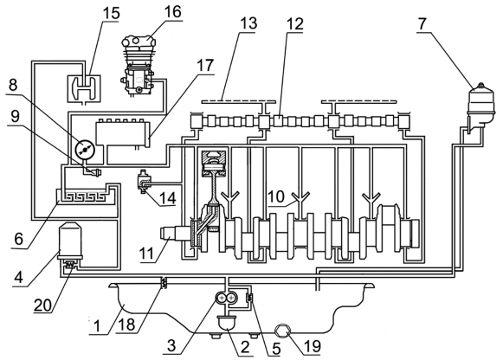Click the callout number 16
(172, 12)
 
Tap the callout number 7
(422, 23)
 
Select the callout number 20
(42, 305)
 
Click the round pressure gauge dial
(84, 149)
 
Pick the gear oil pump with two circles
(226, 299)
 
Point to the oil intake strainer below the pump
(227, 323)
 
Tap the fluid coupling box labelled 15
(84, 88)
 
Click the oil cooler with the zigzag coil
(87, 195)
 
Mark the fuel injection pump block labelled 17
(123, 133)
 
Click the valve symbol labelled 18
(164, 283)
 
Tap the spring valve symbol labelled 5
(249, 298)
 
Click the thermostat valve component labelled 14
(143, 182)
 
